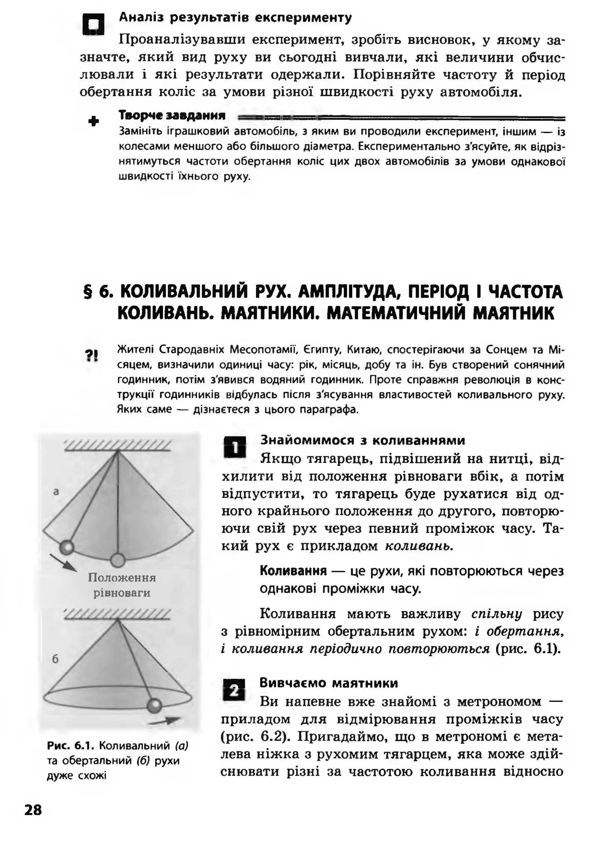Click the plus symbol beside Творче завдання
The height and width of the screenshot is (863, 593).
pos(94,121)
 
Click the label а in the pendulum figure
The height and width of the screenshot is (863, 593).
pos(56,492)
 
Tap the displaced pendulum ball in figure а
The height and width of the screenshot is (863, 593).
pos(67,547)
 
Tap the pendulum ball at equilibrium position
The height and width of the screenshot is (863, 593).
pos(118,560)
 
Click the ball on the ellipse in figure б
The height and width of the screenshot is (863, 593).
pos(154,705)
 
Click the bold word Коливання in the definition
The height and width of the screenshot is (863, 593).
pos(293,570)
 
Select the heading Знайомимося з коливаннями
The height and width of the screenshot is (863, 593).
pos(362,440)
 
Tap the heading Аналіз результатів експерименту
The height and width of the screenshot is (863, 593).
pos(235,17)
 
